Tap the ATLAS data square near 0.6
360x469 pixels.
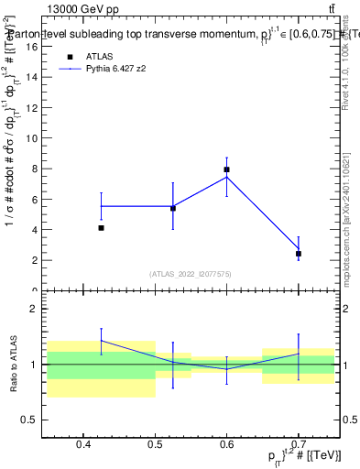click(x=226, y=169)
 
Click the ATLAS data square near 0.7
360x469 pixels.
click(x=299, y=254)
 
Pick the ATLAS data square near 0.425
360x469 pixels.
click(x=101, y=228)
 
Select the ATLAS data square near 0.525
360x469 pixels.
click(x=173, y=208)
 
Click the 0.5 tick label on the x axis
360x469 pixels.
click(x=155, y=445)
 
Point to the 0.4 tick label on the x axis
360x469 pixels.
click(x=83, y=445)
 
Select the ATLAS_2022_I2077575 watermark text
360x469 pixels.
click(x=191, y=273)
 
